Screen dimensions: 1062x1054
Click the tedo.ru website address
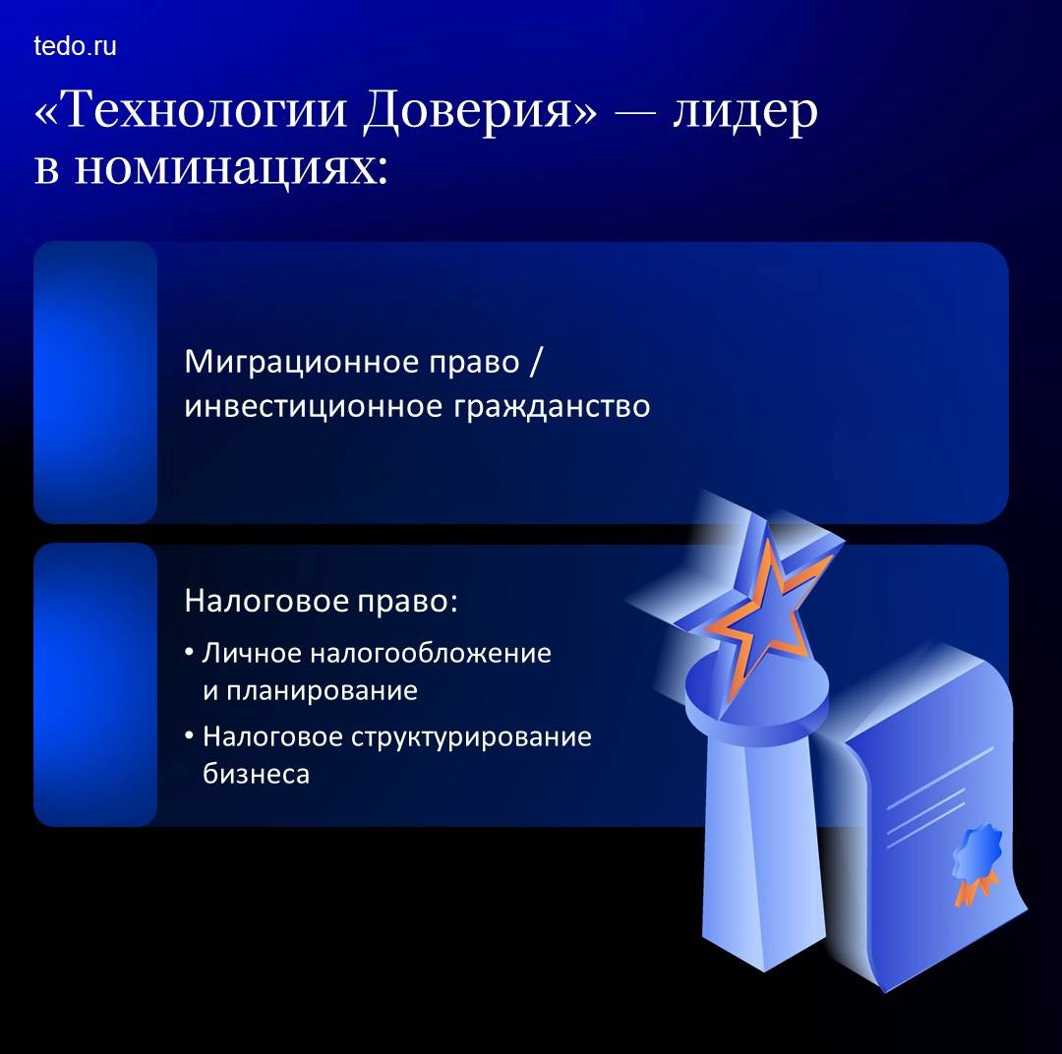coord(75,46)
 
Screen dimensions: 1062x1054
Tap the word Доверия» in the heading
coord(480,110)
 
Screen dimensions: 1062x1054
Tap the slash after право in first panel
coord(535,363)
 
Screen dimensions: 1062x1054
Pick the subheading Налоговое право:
coord(321,601)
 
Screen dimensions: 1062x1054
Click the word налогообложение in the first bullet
coord(431,654)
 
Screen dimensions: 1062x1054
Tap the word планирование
coord(322,691)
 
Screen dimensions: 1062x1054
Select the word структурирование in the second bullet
coord(471,737)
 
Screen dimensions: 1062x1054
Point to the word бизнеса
coord(256,774)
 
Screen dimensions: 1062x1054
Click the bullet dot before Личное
coord(190,653)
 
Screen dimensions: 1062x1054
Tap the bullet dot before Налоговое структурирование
coord(190,736)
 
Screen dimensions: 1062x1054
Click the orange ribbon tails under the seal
coord(973,888)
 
